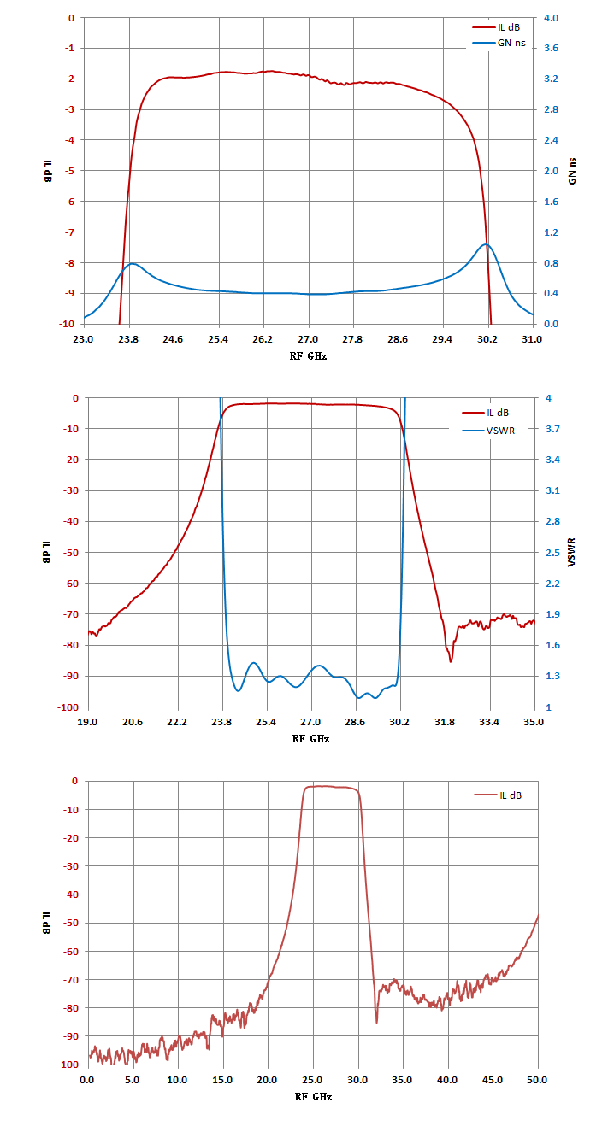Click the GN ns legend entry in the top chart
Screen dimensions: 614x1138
(x=499, y=43)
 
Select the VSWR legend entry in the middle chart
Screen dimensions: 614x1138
(x=488, y=431)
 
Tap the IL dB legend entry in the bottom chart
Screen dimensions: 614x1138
(x=498, y=795)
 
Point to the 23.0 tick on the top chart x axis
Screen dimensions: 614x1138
(x=83, y=339)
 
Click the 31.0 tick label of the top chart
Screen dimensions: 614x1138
(x=532, y=339)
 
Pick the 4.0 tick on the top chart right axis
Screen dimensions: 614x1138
(x=551, y=18)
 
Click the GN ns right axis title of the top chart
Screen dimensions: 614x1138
(x=572, y=171)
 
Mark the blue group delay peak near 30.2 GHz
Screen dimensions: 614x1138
(x=485, y=244)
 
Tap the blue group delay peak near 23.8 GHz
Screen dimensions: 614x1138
(x=133, y=264)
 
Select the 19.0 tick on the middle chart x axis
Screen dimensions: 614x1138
(x=87, y=722)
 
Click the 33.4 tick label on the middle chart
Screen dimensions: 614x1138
(x=489, y=722)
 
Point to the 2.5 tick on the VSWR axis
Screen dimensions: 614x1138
(x=552, y=552)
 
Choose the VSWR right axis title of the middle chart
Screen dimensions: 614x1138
(x=572, y=552)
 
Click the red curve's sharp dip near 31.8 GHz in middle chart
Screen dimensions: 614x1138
(x=450, y=661)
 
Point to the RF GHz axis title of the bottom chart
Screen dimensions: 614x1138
(x=313, y=1096)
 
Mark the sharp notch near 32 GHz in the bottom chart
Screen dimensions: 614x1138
(x=376, y=1021)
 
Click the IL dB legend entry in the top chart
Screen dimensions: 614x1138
(x=497, y=27)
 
